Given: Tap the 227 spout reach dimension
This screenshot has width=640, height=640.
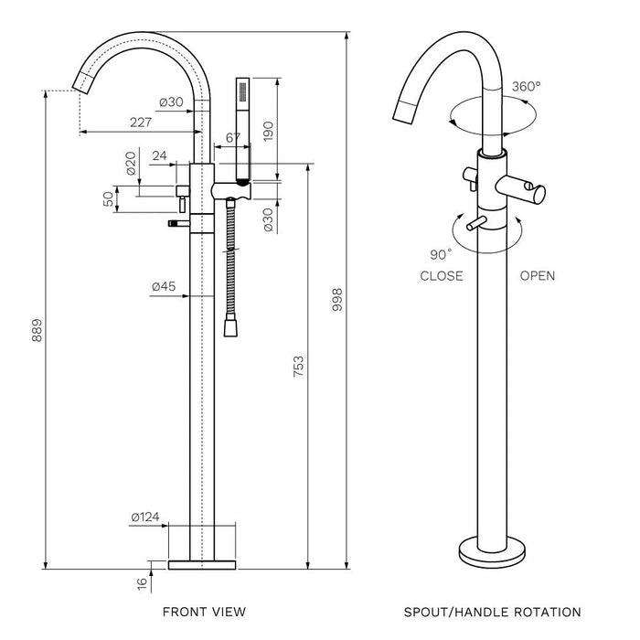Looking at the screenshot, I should click(141, 121).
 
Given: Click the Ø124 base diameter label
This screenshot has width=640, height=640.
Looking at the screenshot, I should click(144, 517).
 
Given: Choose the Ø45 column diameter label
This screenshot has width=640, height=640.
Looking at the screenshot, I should click(165, 287).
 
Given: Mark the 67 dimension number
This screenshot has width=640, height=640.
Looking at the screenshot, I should click(232, 137).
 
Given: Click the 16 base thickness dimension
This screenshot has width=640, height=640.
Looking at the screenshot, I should click(140, 583).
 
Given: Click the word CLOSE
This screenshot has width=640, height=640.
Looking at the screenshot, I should click(441, 276).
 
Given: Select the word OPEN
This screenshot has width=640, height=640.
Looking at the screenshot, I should click(537, 276).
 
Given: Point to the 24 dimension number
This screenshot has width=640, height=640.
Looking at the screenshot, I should click(160, 155).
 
